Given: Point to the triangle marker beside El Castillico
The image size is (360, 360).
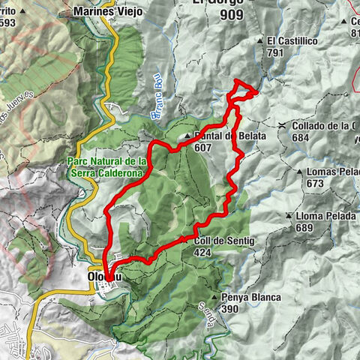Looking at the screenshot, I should (259, 40).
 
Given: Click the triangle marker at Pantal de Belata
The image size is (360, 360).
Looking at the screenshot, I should (187, 136).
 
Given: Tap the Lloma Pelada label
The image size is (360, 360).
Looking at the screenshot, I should (325, 216).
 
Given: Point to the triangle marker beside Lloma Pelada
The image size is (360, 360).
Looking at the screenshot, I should (289, 216).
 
